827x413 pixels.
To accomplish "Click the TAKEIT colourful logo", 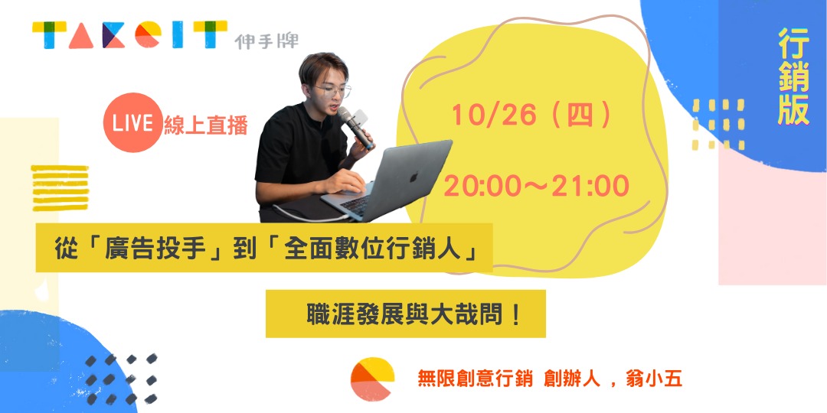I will point(129,36).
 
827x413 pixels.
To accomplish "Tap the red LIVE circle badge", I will point(132,124).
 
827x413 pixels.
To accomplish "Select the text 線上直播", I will point(206,125).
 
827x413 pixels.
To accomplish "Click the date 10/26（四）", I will point(531,115).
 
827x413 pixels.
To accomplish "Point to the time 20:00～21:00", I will point(536,185).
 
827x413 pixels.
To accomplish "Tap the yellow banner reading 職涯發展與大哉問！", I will point(405,314).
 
